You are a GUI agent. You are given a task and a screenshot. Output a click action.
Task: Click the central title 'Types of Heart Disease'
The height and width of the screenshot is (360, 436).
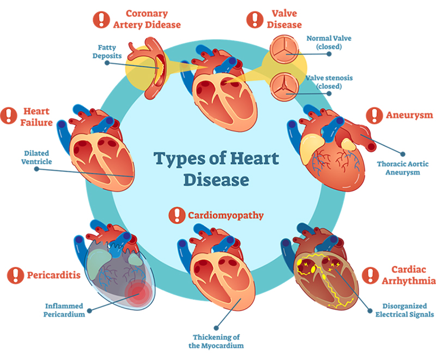216,169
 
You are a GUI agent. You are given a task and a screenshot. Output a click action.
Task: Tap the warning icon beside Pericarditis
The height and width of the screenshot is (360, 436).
15,275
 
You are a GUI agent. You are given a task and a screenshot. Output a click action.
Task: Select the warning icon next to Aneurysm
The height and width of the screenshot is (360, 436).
374,115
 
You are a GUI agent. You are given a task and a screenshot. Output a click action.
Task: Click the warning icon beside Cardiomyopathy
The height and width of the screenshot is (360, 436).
177,215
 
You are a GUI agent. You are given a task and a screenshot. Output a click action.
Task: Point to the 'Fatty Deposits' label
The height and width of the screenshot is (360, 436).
107,52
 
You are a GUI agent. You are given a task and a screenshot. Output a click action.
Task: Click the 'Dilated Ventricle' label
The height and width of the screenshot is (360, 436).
37,158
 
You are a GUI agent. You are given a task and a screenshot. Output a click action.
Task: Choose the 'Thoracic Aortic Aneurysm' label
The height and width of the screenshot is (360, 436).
403,168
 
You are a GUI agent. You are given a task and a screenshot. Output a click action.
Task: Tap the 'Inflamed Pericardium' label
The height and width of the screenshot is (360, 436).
64,310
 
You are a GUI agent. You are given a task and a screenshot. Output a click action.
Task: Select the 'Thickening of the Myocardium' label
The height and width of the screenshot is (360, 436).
216,341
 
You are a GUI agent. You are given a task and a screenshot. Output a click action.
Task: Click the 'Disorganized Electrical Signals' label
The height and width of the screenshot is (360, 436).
404,310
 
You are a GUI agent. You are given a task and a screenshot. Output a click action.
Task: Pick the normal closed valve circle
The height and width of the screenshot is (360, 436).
284,49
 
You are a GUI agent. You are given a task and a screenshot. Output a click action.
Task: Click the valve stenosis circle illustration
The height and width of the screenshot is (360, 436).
284,87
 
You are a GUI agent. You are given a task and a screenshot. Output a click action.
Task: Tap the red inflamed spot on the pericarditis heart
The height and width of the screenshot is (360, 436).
138,293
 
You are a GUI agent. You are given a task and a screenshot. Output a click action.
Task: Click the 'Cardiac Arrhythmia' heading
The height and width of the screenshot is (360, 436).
408,275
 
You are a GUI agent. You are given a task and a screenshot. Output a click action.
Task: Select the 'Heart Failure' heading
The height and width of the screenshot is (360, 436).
37,117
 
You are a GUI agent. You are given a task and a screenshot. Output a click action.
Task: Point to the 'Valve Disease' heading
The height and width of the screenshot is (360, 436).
284,19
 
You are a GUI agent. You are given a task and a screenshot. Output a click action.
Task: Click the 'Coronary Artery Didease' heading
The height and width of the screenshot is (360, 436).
147,19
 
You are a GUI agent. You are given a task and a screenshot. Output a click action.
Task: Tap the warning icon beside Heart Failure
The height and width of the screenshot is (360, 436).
9,115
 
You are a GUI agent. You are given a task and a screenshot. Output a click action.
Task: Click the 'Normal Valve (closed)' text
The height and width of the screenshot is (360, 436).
329,43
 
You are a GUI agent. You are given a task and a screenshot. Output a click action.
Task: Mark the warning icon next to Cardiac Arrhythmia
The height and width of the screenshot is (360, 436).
371,275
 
